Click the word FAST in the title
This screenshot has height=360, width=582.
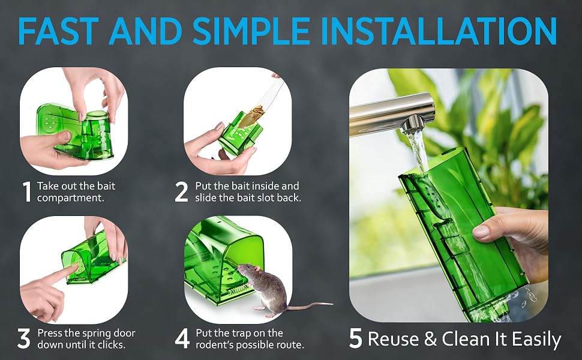pos(58,31)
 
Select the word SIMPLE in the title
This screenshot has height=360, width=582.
pos(251,31)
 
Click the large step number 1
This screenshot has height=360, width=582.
pos(27,191)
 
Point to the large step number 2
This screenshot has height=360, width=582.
pos(182,191)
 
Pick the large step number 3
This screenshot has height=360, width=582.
pos(24,338)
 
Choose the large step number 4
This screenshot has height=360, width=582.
pos(182,338)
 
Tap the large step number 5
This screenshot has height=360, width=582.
pos(356,338)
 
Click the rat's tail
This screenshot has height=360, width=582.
pos(310,305)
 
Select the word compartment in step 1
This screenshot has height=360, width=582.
pos(71,198)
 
